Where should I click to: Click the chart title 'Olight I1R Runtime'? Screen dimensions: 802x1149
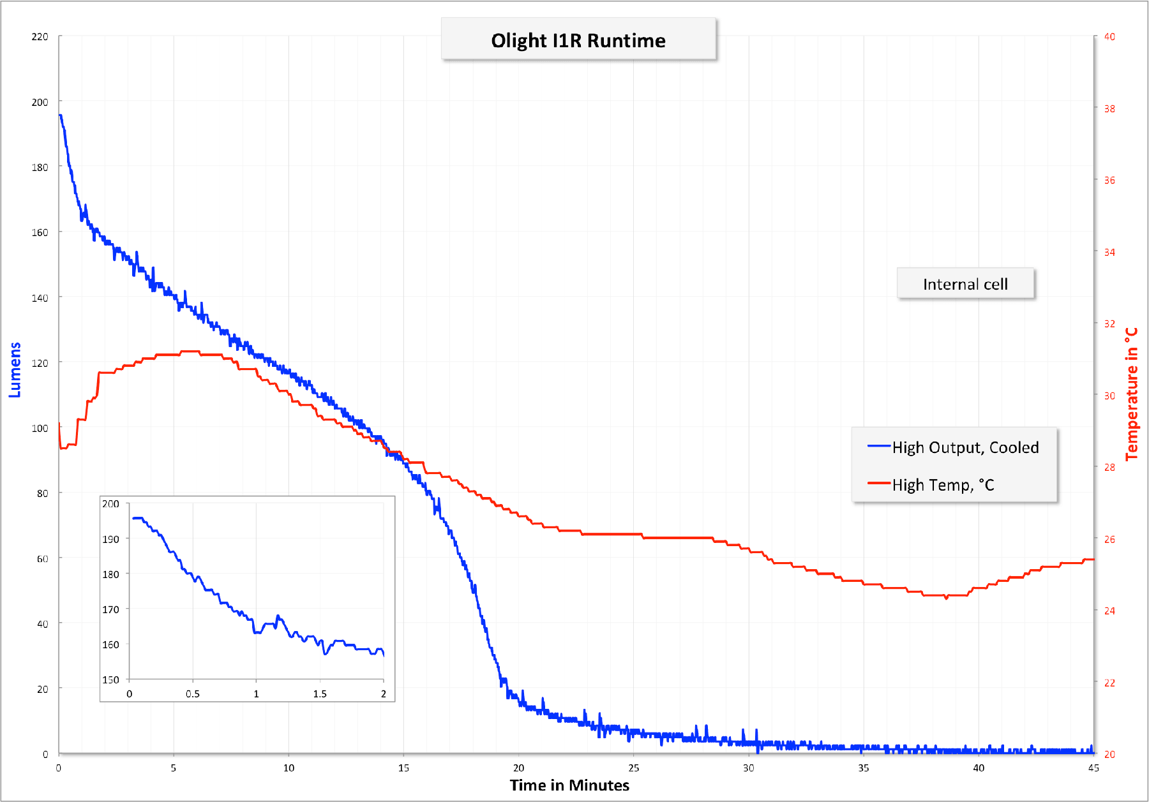[x=578, y=40]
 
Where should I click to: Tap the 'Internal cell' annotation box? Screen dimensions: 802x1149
[x=965, y=284]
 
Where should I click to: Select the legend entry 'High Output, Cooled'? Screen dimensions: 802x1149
[x=965, y=447]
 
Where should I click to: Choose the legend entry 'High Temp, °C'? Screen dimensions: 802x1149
[x=943, y=485]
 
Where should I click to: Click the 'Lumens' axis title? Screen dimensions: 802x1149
[x=15, y=369]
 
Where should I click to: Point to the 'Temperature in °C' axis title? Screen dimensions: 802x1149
[x=1132, y=394]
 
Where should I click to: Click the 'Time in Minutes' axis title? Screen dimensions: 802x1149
[x=569, y=785]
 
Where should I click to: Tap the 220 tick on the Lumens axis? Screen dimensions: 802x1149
[x=40, y=36]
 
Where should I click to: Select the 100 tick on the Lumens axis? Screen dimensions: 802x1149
[x=40, y=428]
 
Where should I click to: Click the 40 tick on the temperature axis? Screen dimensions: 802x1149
[x=1110, y=36]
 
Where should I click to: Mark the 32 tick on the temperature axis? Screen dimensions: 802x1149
[x=1110, y=323]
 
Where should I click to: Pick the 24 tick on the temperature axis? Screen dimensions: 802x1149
[x=1110, y=611]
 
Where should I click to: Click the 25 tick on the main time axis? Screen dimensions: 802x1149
[x=634, y=768]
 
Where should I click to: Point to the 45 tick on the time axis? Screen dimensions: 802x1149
[x=1093, y=768]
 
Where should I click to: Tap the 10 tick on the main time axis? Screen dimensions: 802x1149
[x=289, y=768]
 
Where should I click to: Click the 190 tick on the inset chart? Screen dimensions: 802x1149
[x=111, y=539]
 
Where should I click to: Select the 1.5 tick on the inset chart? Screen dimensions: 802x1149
[x=320, y=694]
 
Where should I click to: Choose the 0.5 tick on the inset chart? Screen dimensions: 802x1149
[x=193, y=694]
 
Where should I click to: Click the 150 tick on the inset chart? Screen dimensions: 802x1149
[x=111, y=679]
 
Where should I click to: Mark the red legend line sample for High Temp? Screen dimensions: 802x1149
[x=878, y=484]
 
